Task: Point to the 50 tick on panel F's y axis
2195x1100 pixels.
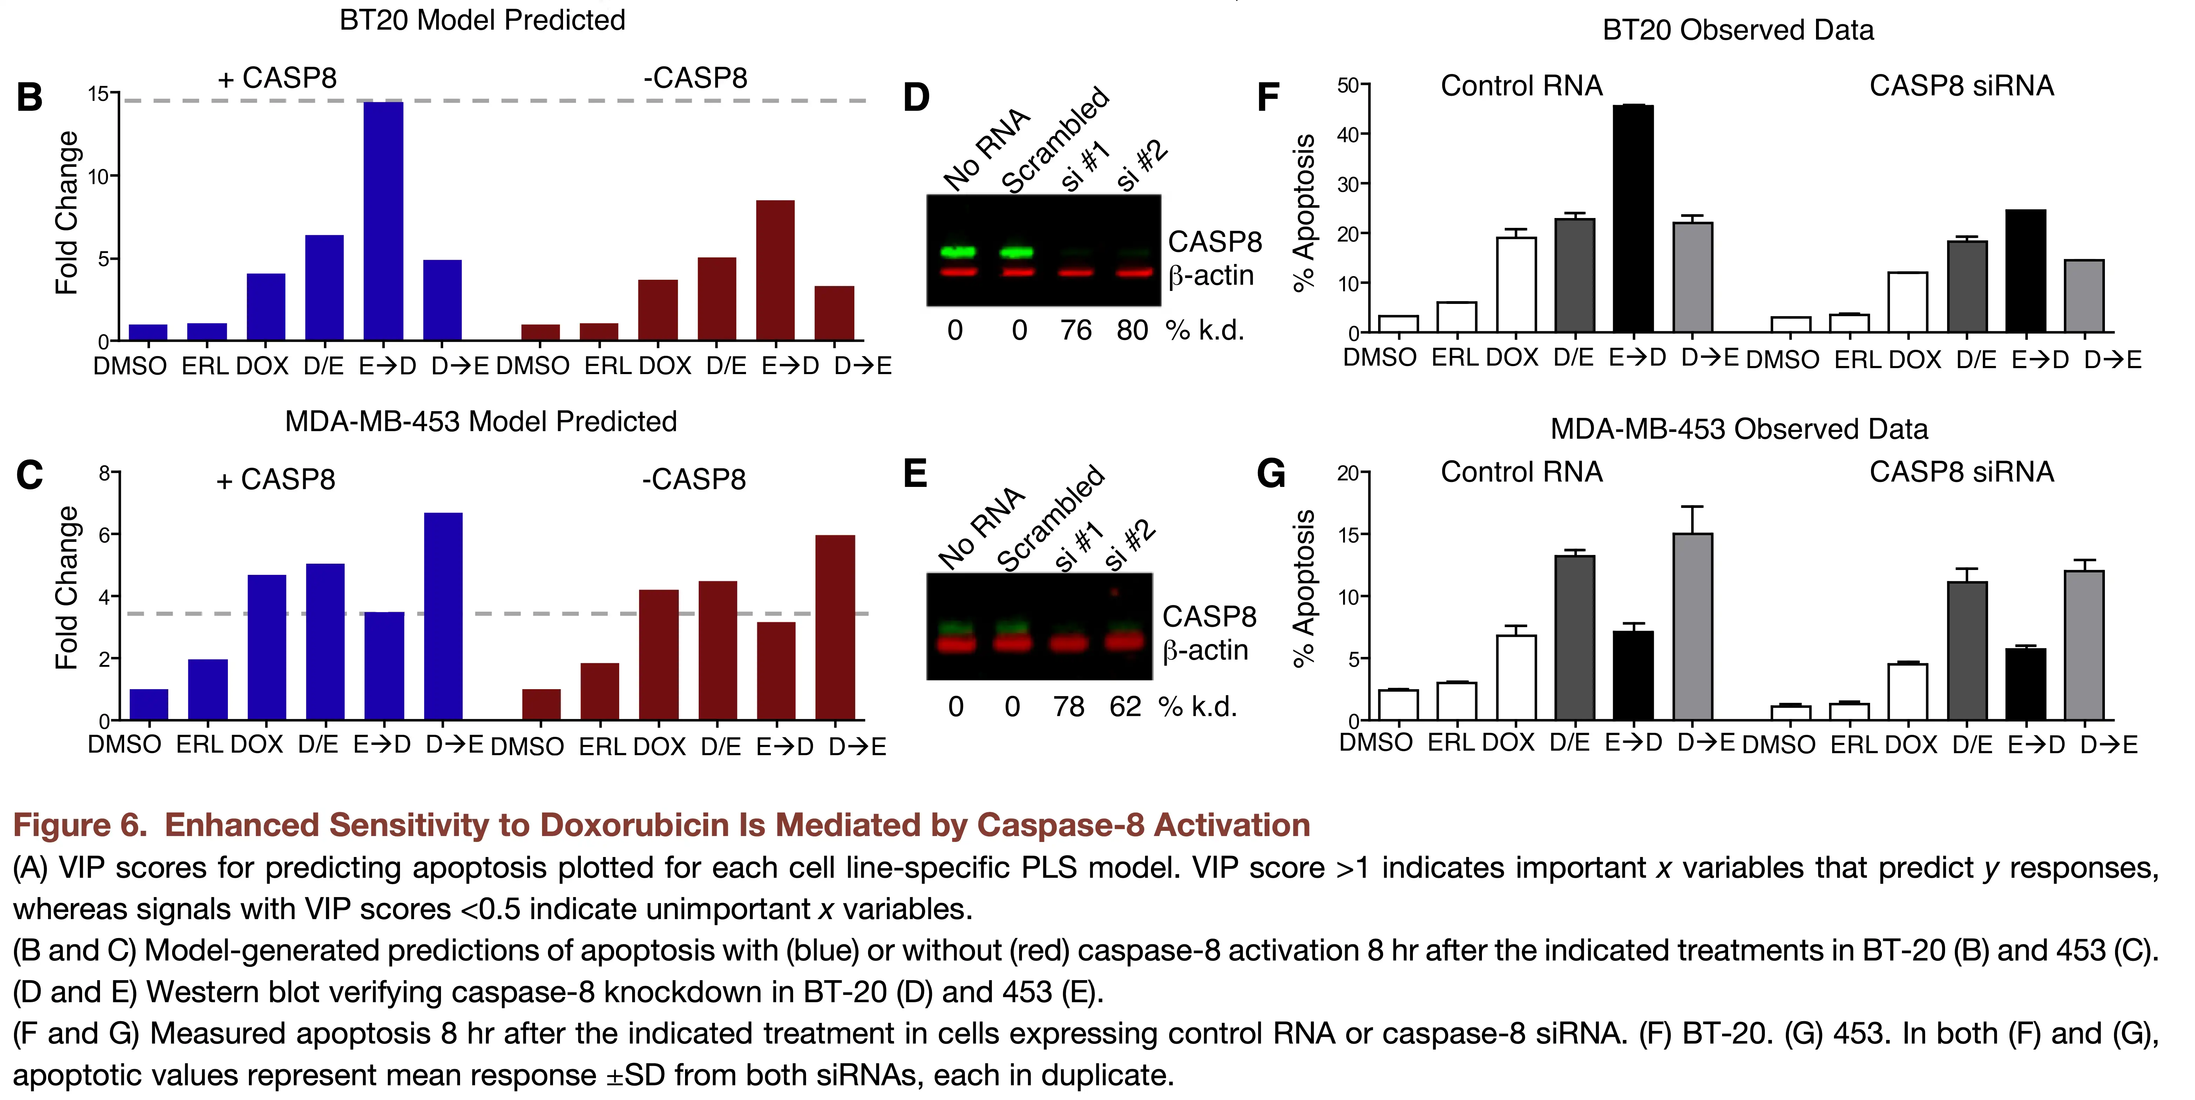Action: click(1348, 85)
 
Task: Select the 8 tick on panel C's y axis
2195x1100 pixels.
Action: click(104, 473)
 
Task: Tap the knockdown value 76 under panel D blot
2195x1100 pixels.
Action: click(1075, 331)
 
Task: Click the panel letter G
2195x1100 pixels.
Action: click(1271, 474)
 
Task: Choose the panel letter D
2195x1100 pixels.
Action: click(916, 98)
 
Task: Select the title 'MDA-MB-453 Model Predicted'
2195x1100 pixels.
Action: click(481, 422)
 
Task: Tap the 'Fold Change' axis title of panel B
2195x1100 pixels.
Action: click(67, 213)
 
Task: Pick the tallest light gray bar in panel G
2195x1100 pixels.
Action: click(1692, 626)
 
